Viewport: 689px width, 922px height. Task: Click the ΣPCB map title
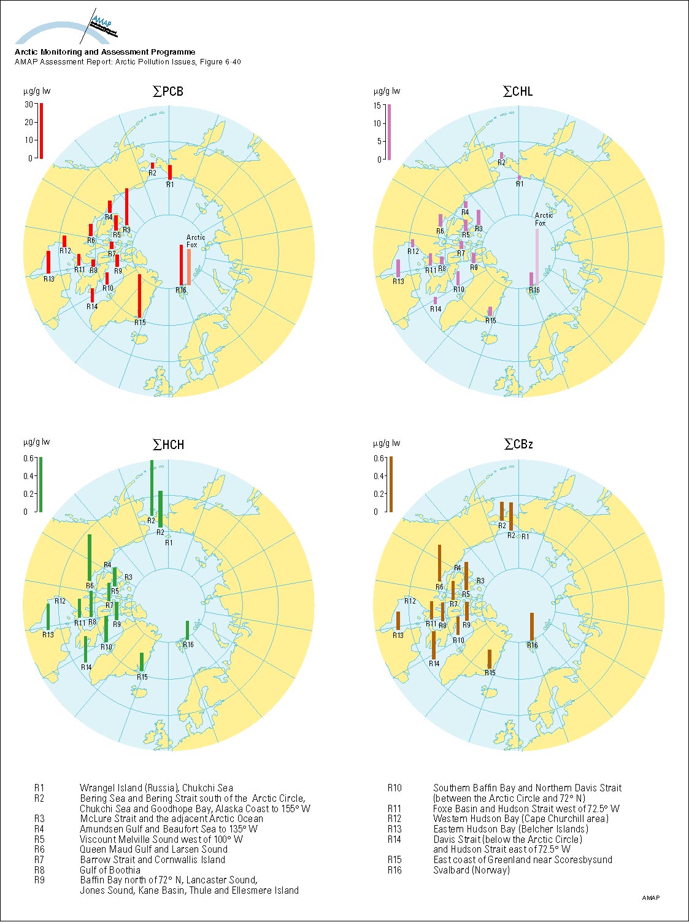click(167, 91)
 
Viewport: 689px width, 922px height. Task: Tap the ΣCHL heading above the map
click(518, 91)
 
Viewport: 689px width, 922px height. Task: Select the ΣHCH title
click(167, 444)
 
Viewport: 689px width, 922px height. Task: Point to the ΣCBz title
click(518, 444)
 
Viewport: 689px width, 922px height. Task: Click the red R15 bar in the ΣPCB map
click(140, 296)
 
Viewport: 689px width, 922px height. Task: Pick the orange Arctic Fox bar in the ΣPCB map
click(189, 267)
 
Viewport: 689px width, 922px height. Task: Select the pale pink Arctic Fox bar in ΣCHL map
click(537, 257)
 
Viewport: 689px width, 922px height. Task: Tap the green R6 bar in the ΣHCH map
click(90, 558)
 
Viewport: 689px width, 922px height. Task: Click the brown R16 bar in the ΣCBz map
click(532, 627)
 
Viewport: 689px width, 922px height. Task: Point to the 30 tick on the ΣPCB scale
click(29, 105)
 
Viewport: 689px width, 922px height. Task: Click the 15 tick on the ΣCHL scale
click(377, 106)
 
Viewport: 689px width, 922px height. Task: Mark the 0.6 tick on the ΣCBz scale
click(379, 458)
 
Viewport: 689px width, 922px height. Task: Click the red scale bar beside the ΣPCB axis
click(41, 131)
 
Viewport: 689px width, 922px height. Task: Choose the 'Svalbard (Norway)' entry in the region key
click(471, 870)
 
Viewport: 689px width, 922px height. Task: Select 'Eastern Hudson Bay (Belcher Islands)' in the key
click(510, 829)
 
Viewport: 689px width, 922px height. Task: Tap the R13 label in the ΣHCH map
click(48, 634)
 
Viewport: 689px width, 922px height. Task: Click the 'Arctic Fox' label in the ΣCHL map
click(544, 219)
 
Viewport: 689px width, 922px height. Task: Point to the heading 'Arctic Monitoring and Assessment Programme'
click(105, 52)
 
